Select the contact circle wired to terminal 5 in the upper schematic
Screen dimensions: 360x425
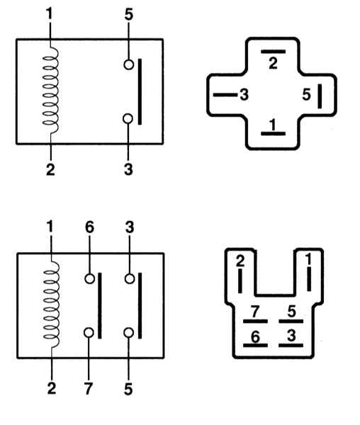tap(129, 64)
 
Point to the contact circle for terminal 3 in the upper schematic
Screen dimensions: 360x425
tap(128, 119)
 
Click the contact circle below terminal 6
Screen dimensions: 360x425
tap(90, 278)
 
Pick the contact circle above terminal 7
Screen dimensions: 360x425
tap(89, 333)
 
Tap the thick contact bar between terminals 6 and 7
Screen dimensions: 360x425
tap(100, 306)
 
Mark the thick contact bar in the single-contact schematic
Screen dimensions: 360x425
tap(140, 91)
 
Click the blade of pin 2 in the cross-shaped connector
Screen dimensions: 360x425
tap(273, 52)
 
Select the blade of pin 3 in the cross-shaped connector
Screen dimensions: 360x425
tap(225, 95)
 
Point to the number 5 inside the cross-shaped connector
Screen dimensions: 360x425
tap(306, 95)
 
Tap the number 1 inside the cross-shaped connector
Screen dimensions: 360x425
tap(272, 125)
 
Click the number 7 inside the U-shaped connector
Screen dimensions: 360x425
tap(255, 312)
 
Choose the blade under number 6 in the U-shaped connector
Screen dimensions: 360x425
tap(255, 346)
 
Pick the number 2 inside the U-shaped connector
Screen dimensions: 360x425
tap(240, 261)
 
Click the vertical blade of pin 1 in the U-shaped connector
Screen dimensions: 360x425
tap(309, 279)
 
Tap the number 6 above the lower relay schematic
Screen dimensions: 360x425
tap(89, 227)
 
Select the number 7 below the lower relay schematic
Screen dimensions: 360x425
tap(89, 389)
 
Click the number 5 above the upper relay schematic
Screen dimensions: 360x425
tap(129, 14)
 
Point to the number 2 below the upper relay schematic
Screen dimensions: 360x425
tap(51, 170)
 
